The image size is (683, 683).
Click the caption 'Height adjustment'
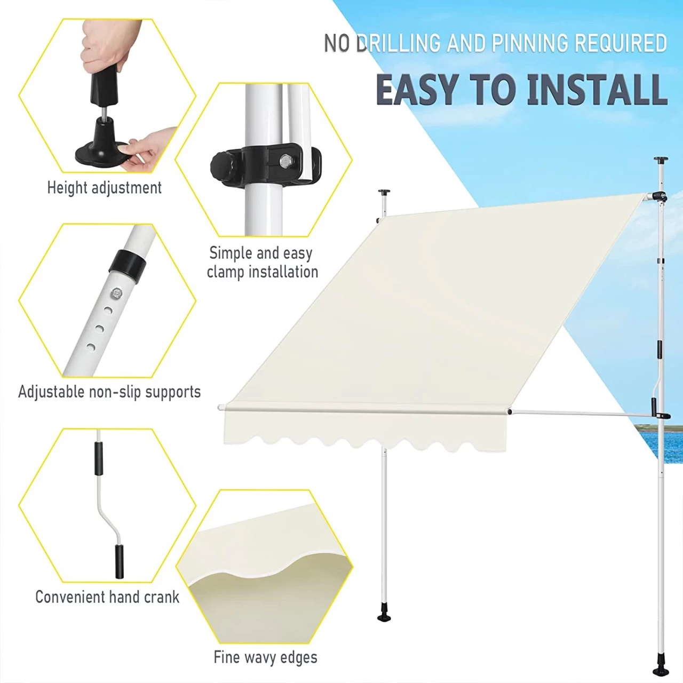[x=105, y=187]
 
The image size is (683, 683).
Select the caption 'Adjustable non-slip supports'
[x=109, y=392]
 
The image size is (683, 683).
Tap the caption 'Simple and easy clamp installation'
[x=263, y=263]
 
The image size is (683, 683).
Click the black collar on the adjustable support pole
[x=128, y=263]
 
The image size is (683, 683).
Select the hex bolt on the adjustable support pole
[x=116, y=293]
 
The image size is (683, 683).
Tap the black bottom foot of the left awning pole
[x=384, y=618]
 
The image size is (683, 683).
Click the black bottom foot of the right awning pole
[x=661, y=670]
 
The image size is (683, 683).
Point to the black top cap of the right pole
[x=661, y=160]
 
